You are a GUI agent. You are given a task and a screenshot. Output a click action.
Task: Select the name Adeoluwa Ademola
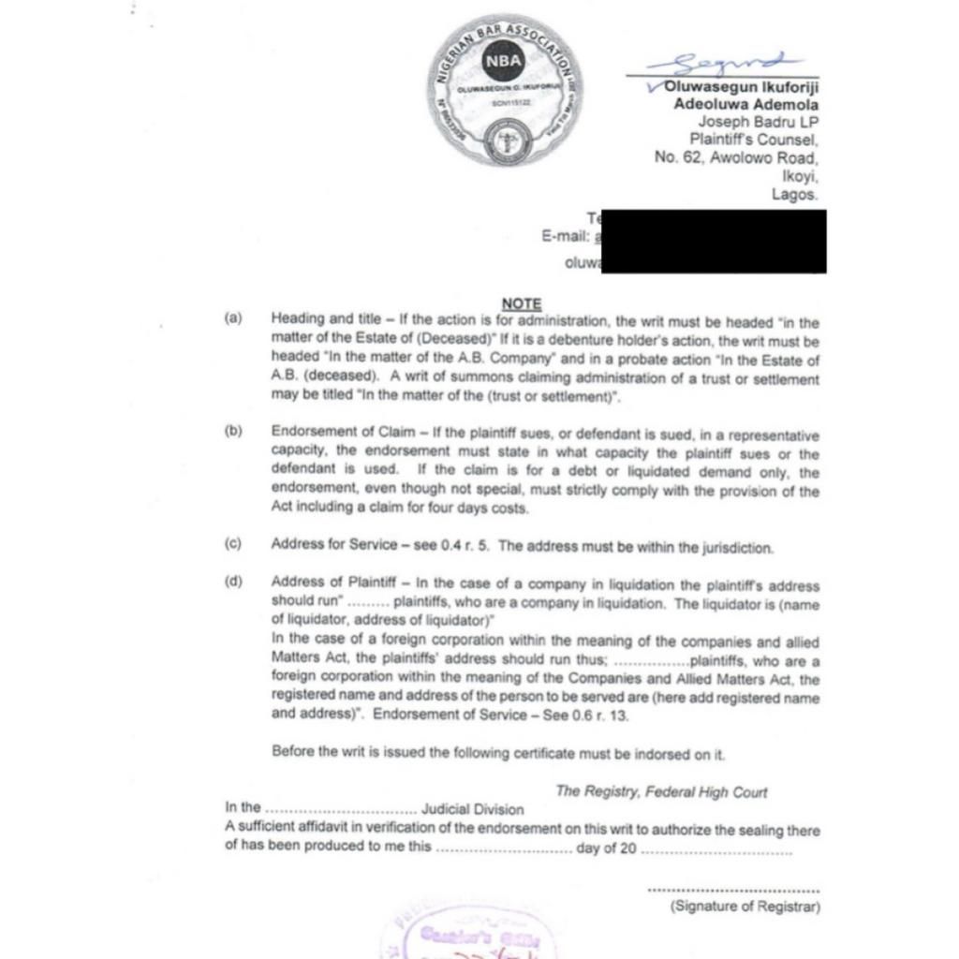(x=745, y=104)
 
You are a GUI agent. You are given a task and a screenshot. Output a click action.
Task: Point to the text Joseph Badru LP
(x=758, y=122)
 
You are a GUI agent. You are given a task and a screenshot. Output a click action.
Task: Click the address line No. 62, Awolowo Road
(x=736, y=158)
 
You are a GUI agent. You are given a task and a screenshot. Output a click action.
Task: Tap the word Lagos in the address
(x=794, y=195)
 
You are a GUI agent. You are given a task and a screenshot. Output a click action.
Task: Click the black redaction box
(x=712, y=241)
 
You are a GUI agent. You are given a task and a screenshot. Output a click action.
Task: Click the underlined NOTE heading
(x=522, y=303)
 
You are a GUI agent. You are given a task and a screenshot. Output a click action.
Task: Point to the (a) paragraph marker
(x=233, y=319)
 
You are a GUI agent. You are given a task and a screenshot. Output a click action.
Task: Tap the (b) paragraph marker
(x=233, y=432)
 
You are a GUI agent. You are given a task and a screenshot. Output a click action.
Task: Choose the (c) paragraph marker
(x=233, y=544)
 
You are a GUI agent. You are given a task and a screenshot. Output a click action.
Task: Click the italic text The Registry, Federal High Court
(x=661, y=792)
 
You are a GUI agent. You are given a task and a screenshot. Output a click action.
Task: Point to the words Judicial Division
(x=473, y=809)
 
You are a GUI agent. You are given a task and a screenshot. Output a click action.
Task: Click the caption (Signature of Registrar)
(x=745, y=907)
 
